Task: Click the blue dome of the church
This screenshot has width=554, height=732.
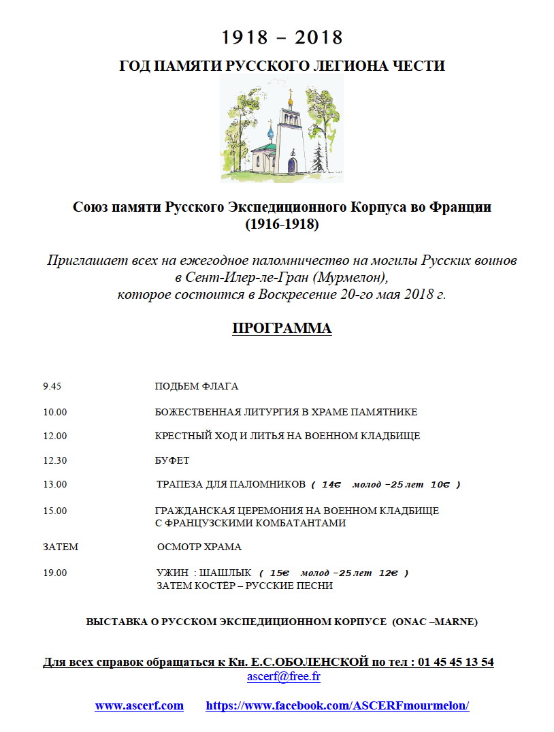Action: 270,127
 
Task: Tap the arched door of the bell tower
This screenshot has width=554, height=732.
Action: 292,165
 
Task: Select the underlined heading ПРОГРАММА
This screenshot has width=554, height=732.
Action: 282,328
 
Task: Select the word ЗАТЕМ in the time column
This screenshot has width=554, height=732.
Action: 61,547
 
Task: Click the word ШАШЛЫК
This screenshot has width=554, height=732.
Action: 229,573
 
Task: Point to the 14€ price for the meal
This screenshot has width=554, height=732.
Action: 330,485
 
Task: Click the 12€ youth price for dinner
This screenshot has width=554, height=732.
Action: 388,573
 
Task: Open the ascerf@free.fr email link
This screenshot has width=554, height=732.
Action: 283,677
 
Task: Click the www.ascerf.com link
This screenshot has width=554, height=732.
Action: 139,705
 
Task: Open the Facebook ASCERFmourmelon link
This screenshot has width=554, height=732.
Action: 338,705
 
